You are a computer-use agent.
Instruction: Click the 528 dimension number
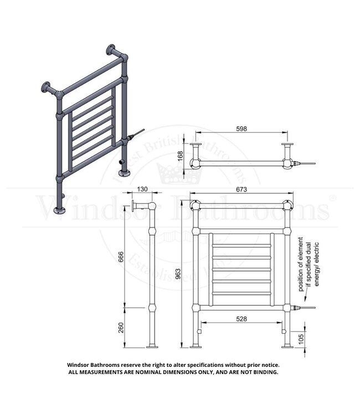click(x=241, y=319)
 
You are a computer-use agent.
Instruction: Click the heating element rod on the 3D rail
click(x=136, y=134)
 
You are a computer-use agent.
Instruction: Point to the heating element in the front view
click(x=305, y=307)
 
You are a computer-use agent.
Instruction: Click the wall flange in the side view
click(x=135, y=207)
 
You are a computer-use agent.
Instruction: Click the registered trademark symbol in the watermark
click(x=332, y=197)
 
